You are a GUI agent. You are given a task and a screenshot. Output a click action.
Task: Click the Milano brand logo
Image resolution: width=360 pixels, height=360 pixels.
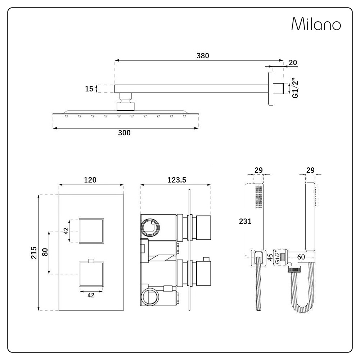(x=316, y=24)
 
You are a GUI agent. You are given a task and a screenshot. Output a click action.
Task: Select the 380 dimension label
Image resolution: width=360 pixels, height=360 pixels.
(x=203, y=56)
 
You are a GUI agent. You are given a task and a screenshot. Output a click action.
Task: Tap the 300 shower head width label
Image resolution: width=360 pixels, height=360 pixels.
(x=124, y=133)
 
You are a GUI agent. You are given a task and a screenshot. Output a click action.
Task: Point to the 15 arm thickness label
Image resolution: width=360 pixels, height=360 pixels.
(x=89, y=89)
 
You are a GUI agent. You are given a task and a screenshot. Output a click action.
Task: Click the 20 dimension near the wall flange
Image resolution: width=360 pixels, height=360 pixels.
(x=293, y=62)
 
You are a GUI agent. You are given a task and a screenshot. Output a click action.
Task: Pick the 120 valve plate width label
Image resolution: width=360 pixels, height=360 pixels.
(x=90, y=180)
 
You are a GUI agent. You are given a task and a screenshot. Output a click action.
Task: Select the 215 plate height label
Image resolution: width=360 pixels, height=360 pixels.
(x=34, y=253)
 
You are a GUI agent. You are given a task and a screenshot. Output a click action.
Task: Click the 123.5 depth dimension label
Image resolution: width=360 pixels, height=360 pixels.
(x=176, y=180)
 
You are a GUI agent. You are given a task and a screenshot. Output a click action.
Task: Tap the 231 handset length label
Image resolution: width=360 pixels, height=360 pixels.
(x=245, y=221)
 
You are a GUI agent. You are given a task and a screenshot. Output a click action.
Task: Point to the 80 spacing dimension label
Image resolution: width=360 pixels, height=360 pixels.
(x=45, y=252)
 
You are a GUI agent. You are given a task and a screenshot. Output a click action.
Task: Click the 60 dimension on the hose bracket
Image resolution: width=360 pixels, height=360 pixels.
(x=301, y=257)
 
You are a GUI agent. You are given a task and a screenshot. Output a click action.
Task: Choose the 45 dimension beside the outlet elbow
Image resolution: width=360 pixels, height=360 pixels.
(x=270, y=257)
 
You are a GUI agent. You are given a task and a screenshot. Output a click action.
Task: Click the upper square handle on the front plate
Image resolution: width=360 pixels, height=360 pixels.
(x=91, y=231)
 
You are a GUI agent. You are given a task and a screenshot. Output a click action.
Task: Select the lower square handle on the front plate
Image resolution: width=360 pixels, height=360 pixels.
(x=91, y=274)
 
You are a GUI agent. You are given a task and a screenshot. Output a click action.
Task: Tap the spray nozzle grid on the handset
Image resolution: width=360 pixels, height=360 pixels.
(x=258, y=197)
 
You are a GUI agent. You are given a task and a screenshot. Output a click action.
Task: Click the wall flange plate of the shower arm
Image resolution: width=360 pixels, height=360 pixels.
(x=271, y=89)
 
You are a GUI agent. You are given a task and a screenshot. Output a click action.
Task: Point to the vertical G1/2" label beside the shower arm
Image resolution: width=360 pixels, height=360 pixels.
(x=295, y=89)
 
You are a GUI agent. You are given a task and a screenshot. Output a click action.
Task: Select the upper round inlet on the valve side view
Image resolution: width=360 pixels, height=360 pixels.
(x=150, y=227)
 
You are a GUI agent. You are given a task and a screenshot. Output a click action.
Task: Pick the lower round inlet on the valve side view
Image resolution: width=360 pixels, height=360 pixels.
(x=149, y=297)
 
